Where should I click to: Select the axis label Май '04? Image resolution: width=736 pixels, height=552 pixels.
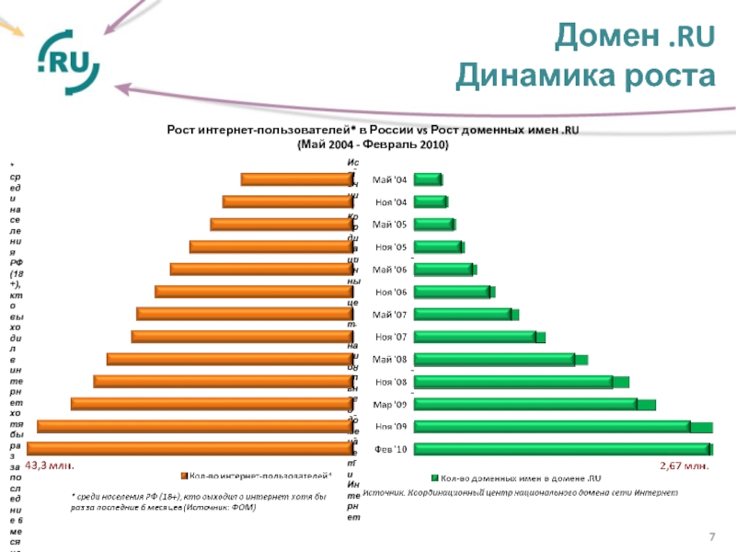point(388,179)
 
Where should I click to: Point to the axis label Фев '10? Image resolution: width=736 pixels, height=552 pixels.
point(388,449)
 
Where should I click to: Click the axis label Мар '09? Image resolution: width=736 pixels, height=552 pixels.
point(388,404)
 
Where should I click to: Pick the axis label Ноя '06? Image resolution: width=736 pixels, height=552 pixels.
point(388,292)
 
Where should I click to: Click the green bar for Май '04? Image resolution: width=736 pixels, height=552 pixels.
point(428,179)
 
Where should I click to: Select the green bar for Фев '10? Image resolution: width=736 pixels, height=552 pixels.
point(562,449)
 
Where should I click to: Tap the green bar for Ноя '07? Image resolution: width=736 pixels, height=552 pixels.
point(478,337)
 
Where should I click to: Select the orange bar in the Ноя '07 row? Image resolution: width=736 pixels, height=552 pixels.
point(237,337)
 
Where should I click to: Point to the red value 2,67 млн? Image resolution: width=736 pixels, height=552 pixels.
point(684,466)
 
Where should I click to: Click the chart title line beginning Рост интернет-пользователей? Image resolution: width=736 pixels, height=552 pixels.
point(373,132)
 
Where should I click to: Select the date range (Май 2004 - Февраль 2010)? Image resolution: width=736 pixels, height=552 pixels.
point(373,145)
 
